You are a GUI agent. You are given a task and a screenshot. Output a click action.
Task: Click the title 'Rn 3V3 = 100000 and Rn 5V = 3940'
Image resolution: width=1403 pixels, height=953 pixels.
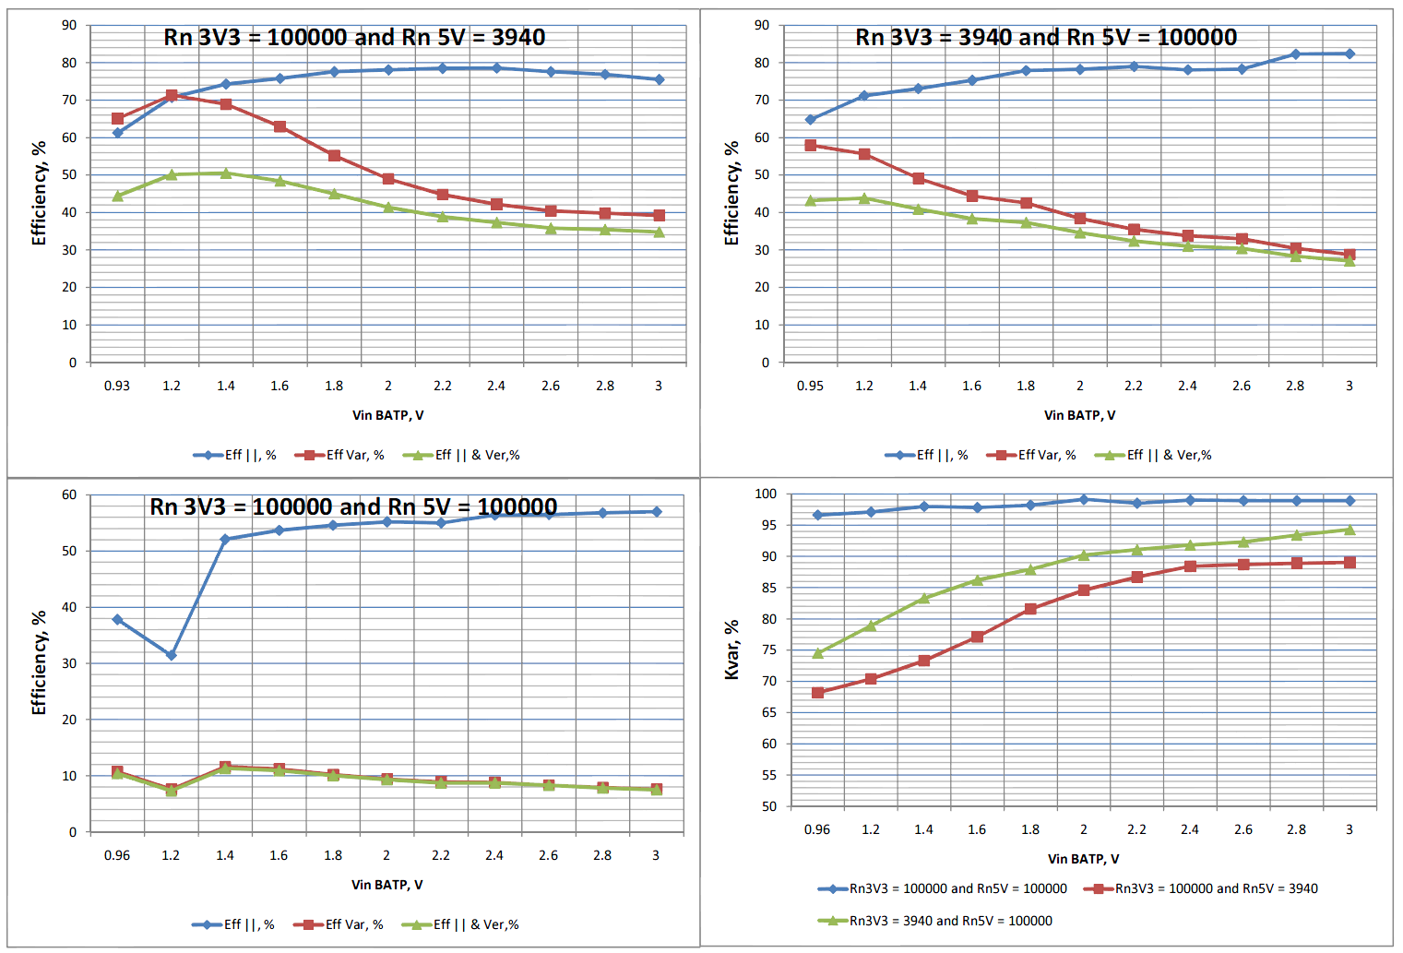(354, 38)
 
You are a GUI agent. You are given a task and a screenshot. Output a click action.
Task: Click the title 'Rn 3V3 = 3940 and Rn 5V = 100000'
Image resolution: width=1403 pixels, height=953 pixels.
(1046, 38)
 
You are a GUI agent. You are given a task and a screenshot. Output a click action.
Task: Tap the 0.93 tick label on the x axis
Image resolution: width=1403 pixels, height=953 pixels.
(117, 386)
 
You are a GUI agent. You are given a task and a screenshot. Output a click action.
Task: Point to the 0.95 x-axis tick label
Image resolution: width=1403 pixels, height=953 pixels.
(810, 386)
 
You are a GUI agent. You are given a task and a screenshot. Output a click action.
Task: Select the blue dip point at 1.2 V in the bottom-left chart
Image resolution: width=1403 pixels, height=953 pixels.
(171, 655)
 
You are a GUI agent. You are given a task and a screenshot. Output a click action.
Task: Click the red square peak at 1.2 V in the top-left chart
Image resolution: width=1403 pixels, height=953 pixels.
(172, 96)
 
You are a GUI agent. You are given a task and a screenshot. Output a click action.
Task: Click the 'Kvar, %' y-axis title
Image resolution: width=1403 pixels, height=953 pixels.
(731, 649)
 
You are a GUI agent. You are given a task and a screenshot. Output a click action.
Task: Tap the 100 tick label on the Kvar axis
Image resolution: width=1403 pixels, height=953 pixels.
(766, 494)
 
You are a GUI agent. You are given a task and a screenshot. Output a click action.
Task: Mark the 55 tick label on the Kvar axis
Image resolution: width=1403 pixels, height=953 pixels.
(768, 775)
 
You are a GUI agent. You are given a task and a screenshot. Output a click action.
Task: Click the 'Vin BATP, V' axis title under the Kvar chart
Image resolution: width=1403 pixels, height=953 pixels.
(1083, 859)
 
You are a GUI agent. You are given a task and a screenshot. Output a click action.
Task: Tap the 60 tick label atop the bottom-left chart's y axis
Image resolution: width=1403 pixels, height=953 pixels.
(69, 494)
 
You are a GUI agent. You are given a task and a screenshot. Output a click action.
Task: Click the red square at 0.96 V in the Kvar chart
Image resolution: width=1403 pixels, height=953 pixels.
(817, 693)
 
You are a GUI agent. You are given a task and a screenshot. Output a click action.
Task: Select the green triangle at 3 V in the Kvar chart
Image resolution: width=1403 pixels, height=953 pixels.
(1349, 530)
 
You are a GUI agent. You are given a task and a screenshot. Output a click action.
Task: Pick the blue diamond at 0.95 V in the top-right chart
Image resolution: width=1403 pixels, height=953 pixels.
(811, 120)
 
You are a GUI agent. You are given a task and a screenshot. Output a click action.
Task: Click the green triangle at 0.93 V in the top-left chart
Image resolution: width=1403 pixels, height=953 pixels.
(118, 196)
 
